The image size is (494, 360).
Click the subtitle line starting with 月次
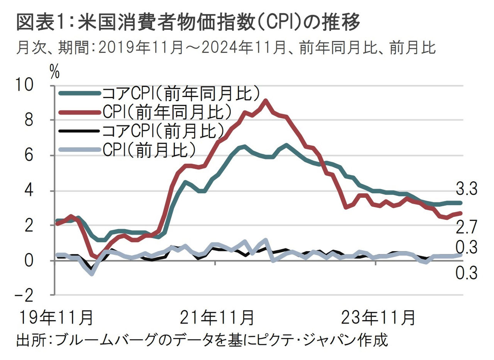point(226,48)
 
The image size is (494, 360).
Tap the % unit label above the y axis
point(55,71)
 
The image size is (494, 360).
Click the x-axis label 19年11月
point(56,318)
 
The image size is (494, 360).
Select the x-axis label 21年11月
point(217,318)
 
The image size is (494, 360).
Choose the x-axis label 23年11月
point(379,318)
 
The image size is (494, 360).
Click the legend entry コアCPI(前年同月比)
point(179,93)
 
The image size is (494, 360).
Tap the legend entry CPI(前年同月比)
point(167,112)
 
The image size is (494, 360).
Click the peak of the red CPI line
point(265,101)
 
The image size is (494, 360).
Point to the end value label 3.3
point(467,190)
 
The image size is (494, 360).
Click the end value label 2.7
point(467,227)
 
